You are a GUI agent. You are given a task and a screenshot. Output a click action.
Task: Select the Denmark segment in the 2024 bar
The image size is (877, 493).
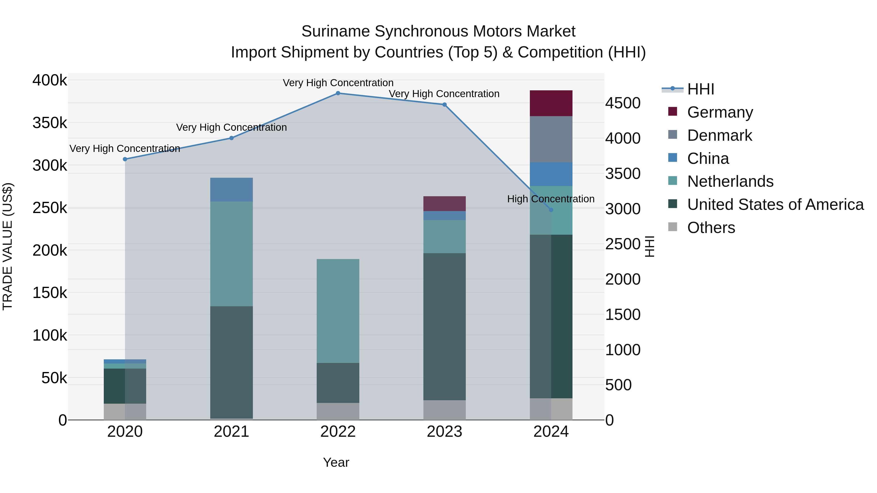pos(551,139)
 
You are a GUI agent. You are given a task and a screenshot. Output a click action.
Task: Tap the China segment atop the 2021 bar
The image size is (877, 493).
pos(231,189)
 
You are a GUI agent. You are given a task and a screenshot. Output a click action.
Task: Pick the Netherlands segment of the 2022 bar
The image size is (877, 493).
pos(338,311)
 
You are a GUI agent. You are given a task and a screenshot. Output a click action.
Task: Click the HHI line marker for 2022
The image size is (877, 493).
pos(338,93)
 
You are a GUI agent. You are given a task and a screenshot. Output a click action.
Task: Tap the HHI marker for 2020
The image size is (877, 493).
pos(125,159)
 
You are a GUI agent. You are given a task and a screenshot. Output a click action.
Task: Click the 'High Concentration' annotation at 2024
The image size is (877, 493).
pos(551,199)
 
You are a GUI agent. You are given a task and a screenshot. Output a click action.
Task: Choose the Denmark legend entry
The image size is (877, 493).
pos(719,135)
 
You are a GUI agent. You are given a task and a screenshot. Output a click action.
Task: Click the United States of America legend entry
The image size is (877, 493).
pos(775,205)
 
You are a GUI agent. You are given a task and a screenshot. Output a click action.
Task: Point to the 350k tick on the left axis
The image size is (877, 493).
pos(50,123)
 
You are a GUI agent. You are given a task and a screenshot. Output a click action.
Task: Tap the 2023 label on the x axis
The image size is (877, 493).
pos(444,432)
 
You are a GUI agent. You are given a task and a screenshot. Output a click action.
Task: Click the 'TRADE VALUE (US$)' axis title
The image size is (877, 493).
pos(8,246)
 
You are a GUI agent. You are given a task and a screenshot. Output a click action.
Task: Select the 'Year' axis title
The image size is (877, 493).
pos(336,462)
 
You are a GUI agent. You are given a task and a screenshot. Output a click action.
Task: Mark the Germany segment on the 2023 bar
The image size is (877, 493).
pos(444,204)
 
